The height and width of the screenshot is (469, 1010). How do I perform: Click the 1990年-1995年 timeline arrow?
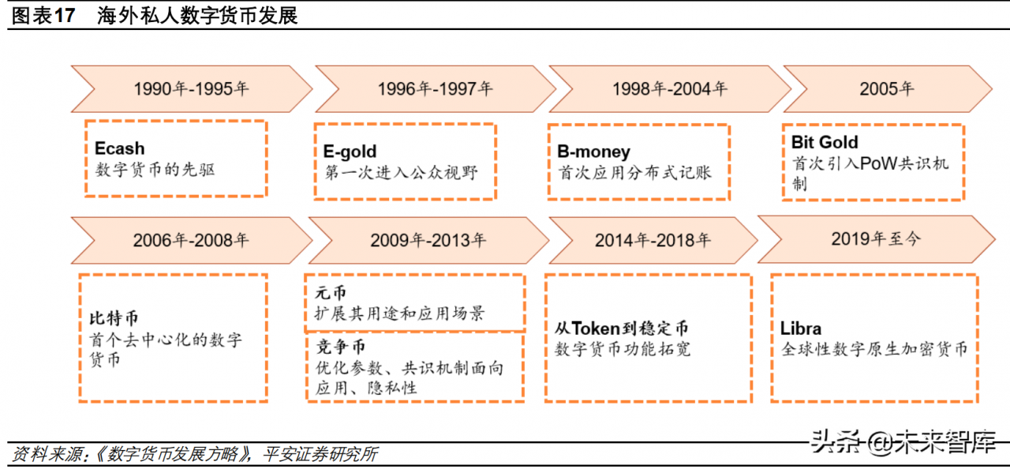[x=191, y=88]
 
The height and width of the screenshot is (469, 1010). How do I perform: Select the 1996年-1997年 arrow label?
[x=435, y=88]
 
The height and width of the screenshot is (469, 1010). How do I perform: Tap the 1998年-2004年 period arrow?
[x=669, y=88]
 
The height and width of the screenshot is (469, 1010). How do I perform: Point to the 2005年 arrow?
[x=886, y=88]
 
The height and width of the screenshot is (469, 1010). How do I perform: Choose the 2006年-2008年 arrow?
[x=191, y=240]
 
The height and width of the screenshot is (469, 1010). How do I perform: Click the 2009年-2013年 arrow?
[x=428, y=240]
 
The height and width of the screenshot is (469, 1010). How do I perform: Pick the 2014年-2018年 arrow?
[x=653, y=240]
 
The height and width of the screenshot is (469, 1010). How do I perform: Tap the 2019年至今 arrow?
[x=875, y=238]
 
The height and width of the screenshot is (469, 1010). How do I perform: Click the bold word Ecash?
[x=120, y=148]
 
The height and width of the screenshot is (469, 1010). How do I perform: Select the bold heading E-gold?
[x=350, y=151]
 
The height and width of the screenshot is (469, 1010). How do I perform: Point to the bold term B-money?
[x=593, y=151]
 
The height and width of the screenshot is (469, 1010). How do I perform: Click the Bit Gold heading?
[x=825, y=142]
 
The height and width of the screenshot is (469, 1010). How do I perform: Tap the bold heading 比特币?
[x=114, y=318]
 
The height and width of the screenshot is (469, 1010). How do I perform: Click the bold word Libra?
[x=801, y=328]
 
